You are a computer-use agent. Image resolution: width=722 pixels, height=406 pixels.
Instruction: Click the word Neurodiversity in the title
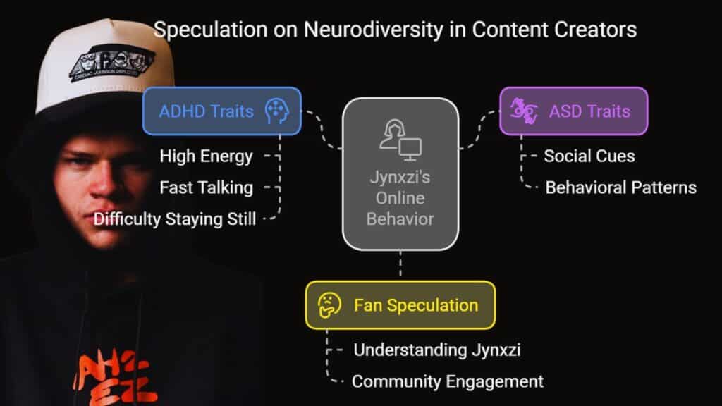click(x=373, y=30)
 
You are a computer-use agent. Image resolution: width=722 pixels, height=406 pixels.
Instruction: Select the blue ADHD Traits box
click(x=222, y=111)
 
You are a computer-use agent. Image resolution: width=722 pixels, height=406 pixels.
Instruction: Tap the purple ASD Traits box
click(x=574, y=111)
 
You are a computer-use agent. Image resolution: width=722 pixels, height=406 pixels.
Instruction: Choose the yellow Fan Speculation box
click(x=400, y=305)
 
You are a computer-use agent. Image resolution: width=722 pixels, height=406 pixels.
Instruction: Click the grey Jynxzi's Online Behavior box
click(x=400, y=174)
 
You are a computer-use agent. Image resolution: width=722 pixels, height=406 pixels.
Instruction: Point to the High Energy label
click(x=207, y=156)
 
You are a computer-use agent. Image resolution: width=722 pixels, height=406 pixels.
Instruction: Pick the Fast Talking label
click(x=207, y=187)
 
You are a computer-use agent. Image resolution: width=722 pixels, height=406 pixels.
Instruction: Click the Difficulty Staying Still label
click(x=175, y=219)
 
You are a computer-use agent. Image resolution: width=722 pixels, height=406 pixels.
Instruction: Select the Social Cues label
click(x=589, y=156)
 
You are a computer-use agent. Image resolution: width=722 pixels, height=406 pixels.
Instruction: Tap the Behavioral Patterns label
click(x=620, y=187)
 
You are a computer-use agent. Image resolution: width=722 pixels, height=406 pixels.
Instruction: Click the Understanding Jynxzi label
click(x=437, y=350)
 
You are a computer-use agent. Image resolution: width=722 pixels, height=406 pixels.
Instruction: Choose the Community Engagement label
click(x=448, y=382)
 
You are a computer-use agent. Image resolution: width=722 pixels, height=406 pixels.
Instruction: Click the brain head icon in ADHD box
click(x=276, y=111)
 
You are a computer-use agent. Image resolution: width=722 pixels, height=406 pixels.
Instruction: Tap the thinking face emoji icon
click(x=329, y=305)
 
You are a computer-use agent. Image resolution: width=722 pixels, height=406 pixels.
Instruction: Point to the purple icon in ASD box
click(x=524, y=111)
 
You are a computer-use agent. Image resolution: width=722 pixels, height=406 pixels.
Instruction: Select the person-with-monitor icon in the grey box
click(x=400, y=140)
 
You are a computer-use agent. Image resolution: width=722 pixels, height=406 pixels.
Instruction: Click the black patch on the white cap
click(x=112, y=63)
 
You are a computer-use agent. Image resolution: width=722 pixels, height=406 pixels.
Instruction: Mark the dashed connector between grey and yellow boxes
click(x=400, y=266)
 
